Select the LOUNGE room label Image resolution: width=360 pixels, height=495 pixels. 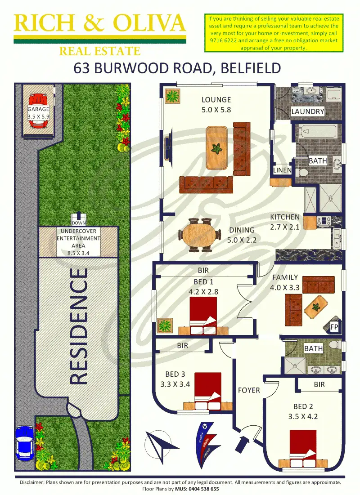(216, 100)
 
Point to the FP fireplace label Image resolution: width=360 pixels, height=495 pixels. (334, 326)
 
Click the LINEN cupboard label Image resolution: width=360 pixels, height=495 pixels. (283, 170)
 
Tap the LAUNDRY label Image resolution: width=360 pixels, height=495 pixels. (308, 111)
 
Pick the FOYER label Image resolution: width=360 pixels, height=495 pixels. (249, 390)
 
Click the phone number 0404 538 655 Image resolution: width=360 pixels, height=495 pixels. (201, 489)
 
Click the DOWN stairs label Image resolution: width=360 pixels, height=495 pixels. (78, 223)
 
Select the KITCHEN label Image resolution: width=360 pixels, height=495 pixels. (284, 218)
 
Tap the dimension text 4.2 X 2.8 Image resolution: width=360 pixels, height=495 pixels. (204, 291)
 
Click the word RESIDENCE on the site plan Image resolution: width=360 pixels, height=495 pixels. (79, 326)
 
